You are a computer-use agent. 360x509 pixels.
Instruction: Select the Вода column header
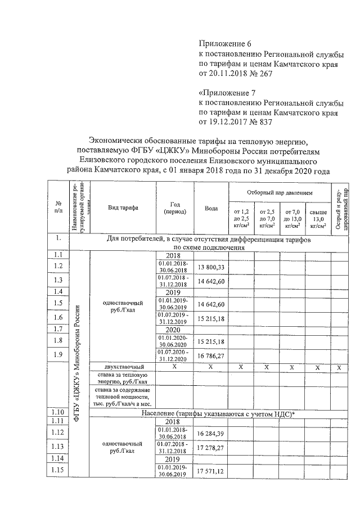[211, 208]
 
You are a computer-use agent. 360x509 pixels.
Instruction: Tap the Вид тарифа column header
[121, 208]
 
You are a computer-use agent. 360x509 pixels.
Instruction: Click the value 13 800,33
[211, 267]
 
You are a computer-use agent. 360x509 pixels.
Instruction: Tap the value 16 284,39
[211, 434]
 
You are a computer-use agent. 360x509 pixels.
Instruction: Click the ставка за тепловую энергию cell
[121, 377]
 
